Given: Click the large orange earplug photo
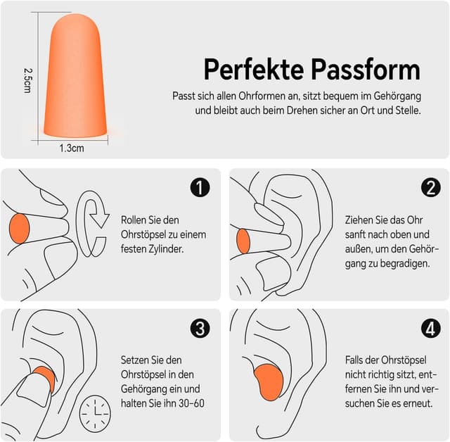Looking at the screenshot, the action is pos(75,76).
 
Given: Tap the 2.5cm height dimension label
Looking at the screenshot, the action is pos(27,80).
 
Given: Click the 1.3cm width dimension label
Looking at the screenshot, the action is pos(72,149).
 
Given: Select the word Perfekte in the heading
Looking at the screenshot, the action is pos(254,70).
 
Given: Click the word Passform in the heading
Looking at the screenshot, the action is pos(366,70).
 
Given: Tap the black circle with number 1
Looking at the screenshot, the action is pos(200,187).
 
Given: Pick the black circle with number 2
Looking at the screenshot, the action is pos(431,187).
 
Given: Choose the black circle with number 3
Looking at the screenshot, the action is pos(200,328).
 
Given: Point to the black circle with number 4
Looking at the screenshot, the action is pos(431,328).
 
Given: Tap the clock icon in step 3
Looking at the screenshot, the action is pos(95,414).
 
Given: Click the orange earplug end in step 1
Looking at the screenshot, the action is pos(19,229).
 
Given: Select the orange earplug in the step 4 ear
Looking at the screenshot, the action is pos(269,382).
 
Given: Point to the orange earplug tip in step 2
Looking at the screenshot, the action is pos(243,241).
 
